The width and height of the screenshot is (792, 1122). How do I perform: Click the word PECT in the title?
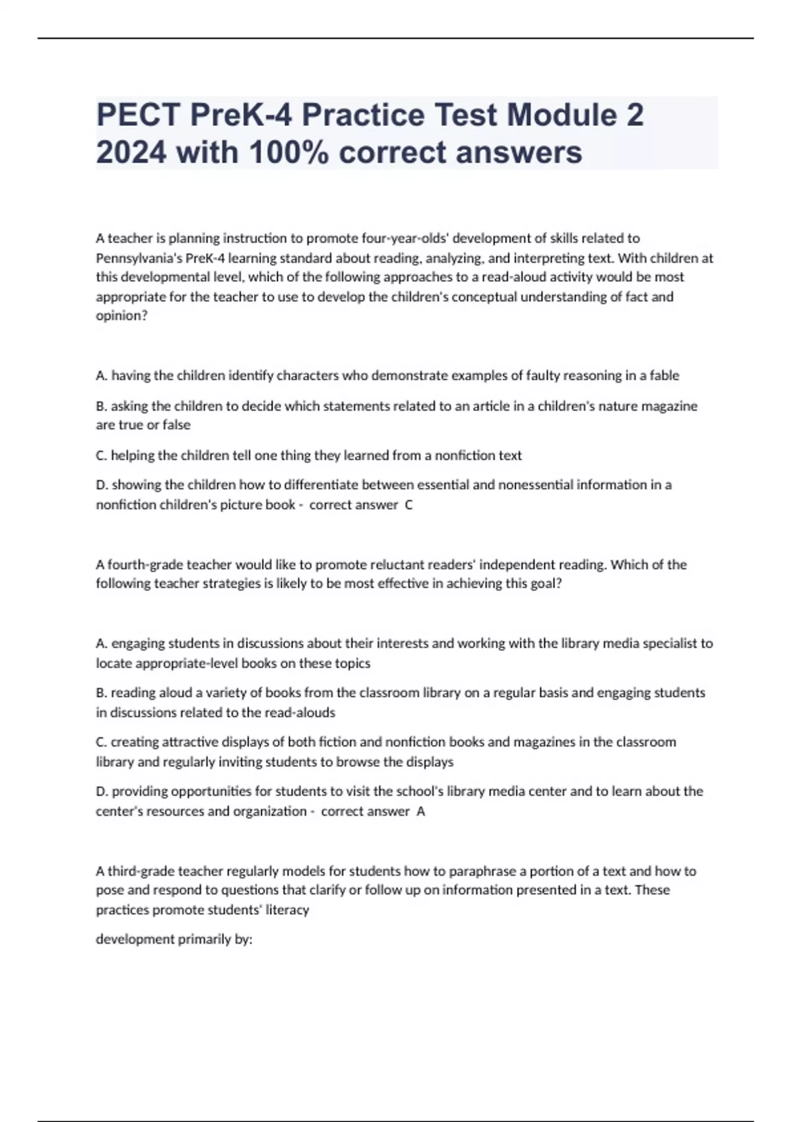[x=138, y=115]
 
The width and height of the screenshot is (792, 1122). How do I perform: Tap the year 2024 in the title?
[x=131, y=152]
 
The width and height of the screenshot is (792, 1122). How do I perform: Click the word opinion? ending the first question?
[x=121, y=316]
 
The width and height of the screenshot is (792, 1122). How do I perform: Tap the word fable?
[x=664, y=376]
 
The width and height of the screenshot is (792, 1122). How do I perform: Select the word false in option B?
[x=176, y=425]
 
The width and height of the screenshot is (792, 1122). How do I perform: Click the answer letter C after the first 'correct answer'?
[x=409, y=505]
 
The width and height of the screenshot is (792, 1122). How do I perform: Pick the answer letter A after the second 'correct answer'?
[x=421, y=811]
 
